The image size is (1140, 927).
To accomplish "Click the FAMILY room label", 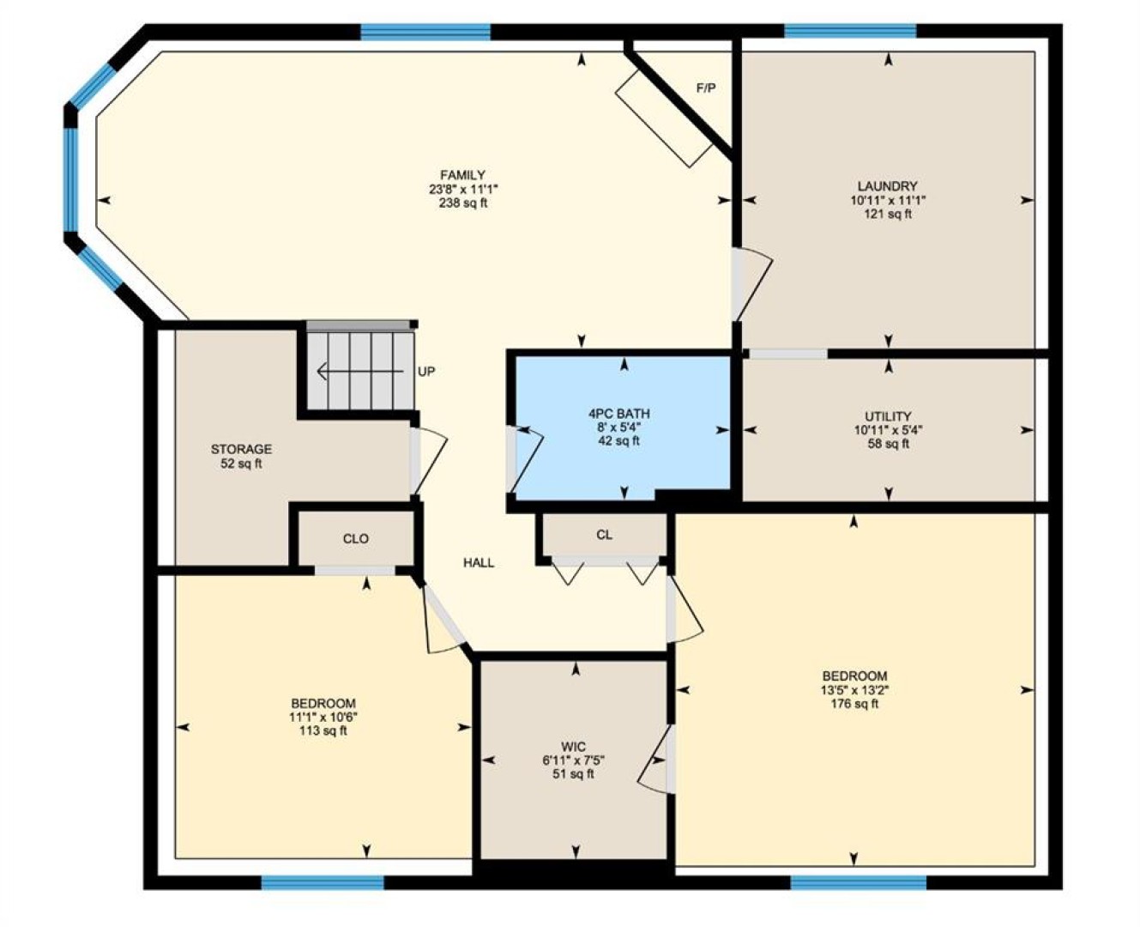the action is [463, 175].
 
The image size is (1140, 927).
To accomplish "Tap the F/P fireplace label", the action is [706, 88].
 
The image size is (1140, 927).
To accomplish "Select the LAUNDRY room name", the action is [888, 186].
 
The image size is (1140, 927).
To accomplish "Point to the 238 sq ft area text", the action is [463, 203].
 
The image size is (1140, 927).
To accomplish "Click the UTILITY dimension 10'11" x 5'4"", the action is [889, 430].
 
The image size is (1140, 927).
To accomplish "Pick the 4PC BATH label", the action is [618, 414].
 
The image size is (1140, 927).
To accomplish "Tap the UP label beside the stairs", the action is [426, 372].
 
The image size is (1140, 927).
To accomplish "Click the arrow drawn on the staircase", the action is [359, 371].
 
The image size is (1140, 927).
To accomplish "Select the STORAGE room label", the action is [241, 449].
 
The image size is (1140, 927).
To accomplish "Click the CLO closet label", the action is [355, 539].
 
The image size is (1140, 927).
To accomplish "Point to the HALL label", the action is [479, 563].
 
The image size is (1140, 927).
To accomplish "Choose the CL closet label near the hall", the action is [604, 535].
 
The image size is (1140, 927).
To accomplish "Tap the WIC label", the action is [573, 747].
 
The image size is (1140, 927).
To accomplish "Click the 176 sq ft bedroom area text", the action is [854, 704].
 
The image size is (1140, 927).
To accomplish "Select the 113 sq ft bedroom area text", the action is [323, 731].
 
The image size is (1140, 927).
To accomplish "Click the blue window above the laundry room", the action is [850, 31].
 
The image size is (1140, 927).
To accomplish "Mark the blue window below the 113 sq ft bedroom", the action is [323, 882].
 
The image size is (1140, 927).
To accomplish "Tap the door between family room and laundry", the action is [751, 284].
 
